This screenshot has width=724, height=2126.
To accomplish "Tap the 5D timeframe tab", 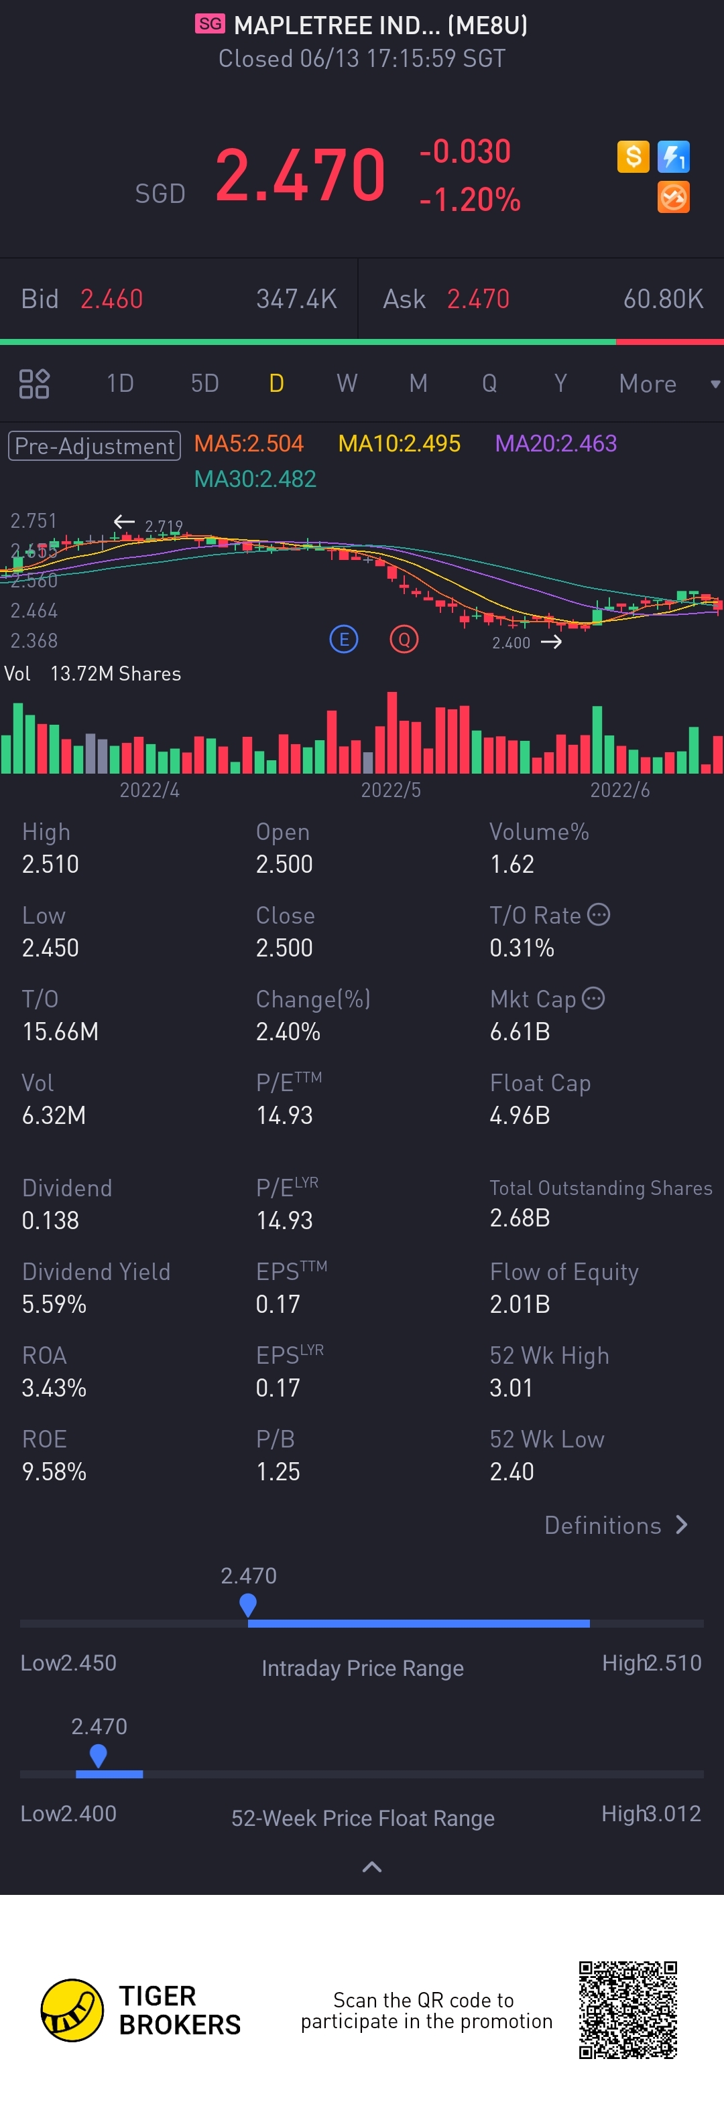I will pos(204,384).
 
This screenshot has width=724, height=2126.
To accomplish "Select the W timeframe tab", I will pos(347,384).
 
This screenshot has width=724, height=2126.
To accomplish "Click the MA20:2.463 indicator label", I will pos(556,444).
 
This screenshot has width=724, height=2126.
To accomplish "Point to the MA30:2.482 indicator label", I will pos(255,480).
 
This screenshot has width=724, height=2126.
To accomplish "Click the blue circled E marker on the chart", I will pos(343,640).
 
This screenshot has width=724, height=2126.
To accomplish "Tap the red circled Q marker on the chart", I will pos(404,640).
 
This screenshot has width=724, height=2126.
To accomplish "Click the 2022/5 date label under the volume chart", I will pos(390,790).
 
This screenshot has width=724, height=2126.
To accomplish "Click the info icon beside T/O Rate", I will pos(599,915).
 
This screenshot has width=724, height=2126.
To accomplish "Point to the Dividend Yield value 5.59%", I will pos(54,1305).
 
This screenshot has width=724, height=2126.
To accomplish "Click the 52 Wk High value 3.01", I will pos(511,1388).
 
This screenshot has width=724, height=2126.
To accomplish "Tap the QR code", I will pos(627,2011).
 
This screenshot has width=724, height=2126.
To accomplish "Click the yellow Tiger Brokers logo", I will pos(72,2011).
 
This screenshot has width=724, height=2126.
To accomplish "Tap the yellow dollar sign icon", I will pos(633,156).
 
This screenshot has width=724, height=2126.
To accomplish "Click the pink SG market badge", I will pos(210,24).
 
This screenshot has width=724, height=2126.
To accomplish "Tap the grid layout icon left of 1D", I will pos(34,384).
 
